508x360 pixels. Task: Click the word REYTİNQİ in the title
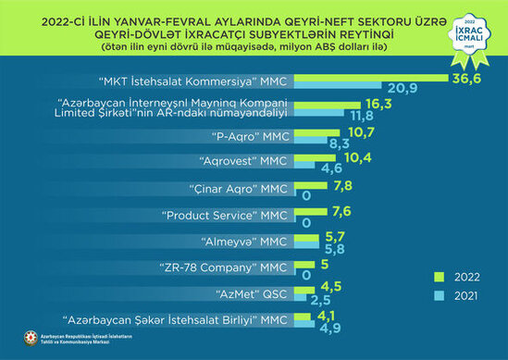tap(397, 28)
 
